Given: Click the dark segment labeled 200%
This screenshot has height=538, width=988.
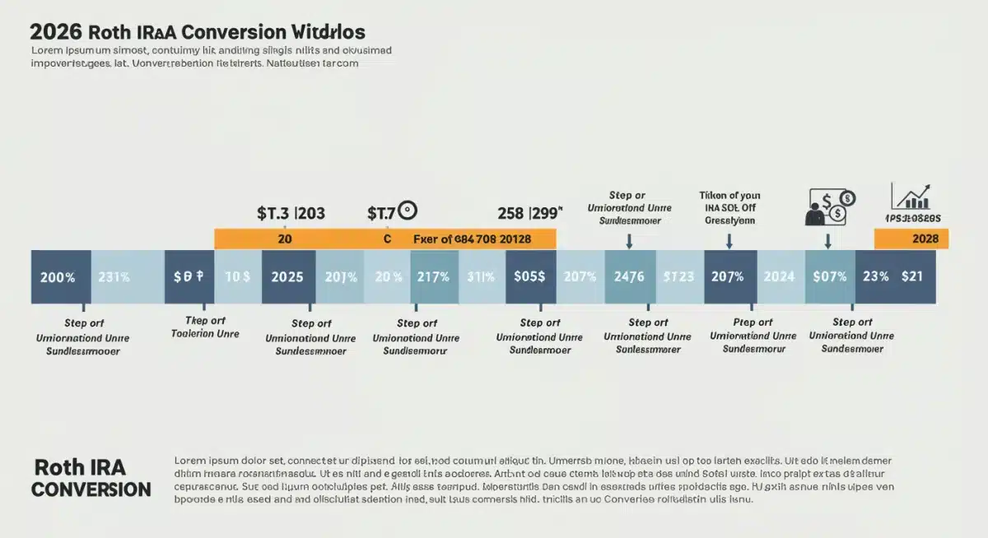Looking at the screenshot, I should click(58, 277).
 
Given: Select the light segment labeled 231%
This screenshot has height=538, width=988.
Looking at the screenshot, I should click(114, 277).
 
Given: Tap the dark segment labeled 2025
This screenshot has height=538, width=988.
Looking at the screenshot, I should click(288, 277).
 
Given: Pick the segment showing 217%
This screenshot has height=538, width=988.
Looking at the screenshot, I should click(433, 277).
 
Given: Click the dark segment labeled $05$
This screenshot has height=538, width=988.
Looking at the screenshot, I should click(529, 277).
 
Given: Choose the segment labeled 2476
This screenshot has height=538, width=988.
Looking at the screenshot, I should click(630, 277).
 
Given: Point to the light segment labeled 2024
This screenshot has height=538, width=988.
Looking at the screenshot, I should click(780, 277).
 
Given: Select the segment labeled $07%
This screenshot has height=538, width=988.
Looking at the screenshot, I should click(829, 277).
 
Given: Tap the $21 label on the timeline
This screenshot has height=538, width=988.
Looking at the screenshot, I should click(912, 277).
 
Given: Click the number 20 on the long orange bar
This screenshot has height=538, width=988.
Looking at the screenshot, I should click(285, 239).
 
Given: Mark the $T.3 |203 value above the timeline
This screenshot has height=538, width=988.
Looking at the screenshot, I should click(291, 213).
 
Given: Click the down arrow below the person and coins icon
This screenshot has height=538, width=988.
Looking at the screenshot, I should click(827, 240).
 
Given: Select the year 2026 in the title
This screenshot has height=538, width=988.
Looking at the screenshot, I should click(54, 32).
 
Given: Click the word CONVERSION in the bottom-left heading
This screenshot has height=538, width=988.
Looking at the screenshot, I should click(91, 489).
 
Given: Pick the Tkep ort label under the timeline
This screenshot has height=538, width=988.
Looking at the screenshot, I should click(205, 321).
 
